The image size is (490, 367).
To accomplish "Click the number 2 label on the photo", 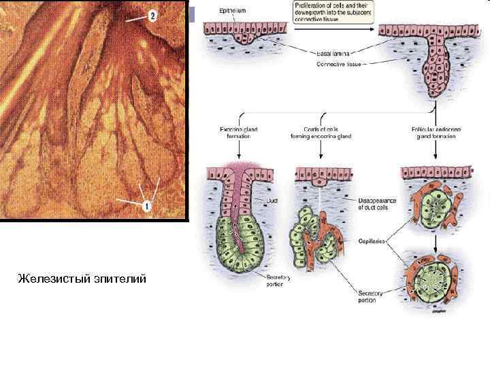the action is (152, 15).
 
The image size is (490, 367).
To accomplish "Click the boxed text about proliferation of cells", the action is (331, 12).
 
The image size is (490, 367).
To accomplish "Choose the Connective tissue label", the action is (337, 64).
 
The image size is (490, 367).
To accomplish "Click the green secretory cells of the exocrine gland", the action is (235, 245).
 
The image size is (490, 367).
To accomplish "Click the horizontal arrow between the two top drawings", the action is (333, 29).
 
